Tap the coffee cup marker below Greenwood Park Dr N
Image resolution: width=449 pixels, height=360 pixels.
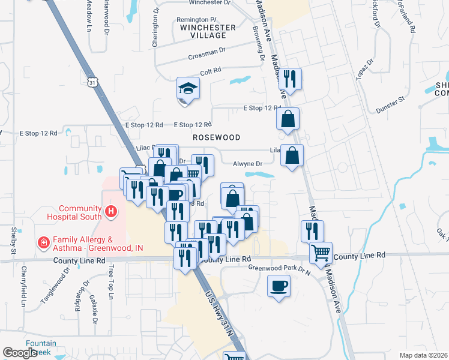tap(278, 287)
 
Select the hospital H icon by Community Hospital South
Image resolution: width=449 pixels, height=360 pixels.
tap(110, 211)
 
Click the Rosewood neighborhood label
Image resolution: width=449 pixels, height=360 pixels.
tap(216, 137)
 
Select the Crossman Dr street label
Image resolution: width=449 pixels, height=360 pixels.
tap(206, 53)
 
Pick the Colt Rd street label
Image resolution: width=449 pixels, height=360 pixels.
tap(211, 71)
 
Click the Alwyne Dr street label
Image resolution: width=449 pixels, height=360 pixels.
tap(248, 163)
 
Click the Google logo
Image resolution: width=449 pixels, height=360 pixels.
tap(20, 352)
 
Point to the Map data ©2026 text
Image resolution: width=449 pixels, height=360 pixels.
tap(424, 355)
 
